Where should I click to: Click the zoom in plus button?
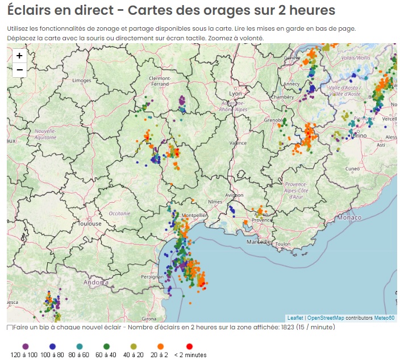[x=19, y=56]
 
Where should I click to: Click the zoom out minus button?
[x=19, y=70]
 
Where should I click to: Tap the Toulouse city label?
[x=90, y=224]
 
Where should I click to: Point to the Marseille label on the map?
[x=259, y=241]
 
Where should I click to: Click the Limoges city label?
[x=82, y=81]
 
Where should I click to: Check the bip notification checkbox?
[x=10, y=328]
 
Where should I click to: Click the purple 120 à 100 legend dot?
[x=25, y=346]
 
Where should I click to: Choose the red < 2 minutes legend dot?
[x=190, y=346]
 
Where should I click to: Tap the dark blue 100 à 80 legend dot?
[x=52, y=346]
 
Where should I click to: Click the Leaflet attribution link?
[x=295, y=318]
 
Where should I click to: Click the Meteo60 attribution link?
[x=384, y=318]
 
